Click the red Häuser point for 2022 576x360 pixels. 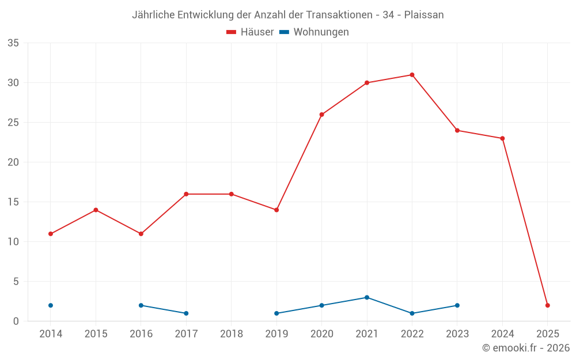(x=412, y=75)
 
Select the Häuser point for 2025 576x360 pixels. (x=548, y=305)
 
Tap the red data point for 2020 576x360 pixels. (x=321, y=115)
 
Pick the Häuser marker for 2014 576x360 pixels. (x=51, y=234)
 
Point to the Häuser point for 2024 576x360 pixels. (x=502, y=138)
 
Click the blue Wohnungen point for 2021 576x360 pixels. (x=367, y=297)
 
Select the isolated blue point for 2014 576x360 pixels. (x=51, y=305)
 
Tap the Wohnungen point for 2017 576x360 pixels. (x=186, y=313)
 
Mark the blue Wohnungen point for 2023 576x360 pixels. (x=457, y=305)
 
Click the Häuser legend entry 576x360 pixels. (x=251, y=32)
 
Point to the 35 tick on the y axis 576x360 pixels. (x=13, y=43)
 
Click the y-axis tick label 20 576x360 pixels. (x=13, y=162)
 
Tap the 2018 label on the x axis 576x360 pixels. (x=232, y=334)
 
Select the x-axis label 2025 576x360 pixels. (x=548, y=334)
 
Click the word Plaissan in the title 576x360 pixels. (x=424, y=15)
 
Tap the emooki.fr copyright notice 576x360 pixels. (x=526, y=348)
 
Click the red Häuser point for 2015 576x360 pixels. (x=96, y=210)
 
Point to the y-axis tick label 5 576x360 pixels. (x=16, y=282)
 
